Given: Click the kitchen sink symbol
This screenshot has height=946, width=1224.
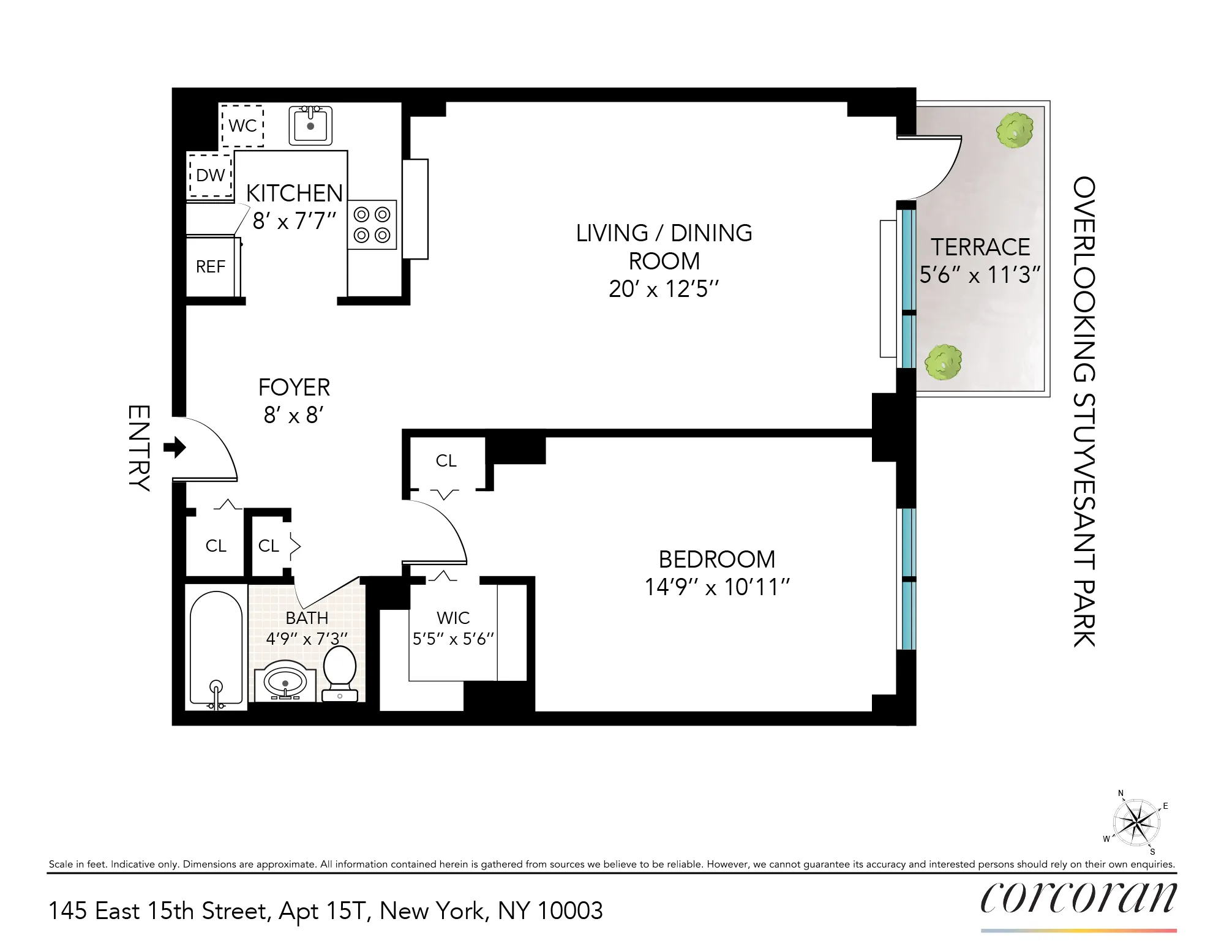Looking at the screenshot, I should tap(310, 126).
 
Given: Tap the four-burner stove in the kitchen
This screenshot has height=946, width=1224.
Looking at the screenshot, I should tap(372, 224).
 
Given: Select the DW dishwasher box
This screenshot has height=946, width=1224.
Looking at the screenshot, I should tap(210, 176).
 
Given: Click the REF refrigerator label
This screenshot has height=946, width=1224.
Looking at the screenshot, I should tap(211, 267).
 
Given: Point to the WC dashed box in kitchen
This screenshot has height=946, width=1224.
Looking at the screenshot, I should tap(242, 126).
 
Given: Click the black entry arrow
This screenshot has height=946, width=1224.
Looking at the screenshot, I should tap(175, 448).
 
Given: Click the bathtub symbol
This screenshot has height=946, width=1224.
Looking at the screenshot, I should tap(216, 649).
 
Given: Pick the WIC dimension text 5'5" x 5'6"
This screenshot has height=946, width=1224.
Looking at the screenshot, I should tap(453, 639).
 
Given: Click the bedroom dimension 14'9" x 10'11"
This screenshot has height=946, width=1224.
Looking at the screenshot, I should tap(717, 587).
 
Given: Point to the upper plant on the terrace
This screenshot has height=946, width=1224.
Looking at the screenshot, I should tap(1015, 130).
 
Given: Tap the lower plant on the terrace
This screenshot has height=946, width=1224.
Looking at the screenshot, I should tap(943, 362).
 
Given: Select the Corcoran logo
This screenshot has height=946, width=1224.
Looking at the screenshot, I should tap(1078, 898).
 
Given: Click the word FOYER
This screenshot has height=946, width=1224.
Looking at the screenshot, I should tap(294, 388).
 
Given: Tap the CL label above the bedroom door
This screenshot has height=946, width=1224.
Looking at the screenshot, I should tap(446, 460).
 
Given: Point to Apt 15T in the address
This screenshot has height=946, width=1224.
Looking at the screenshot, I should tap(325, 911).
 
